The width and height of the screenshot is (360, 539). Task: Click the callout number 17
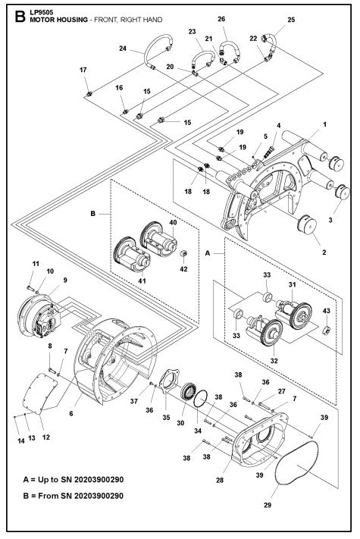[x=83, y=70]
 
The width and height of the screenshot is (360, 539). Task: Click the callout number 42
[x=183, y=269]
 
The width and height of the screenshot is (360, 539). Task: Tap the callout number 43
[x=326, y=310]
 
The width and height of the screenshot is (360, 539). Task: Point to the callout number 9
[x=66, y=280]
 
